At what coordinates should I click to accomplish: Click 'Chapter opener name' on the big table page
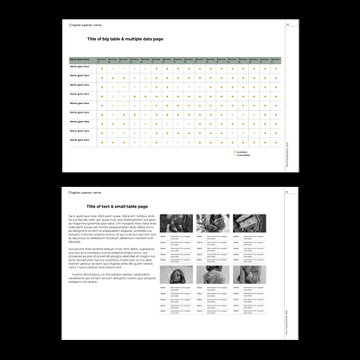coord(85,25)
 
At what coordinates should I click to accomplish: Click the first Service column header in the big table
coord(103,60)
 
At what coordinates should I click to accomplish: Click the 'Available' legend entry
coord(243,151)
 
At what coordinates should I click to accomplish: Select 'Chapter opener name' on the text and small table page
coord(85,193)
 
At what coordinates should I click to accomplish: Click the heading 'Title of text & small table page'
coord(118,207)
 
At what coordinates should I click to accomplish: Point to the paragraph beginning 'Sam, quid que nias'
coord(106,229)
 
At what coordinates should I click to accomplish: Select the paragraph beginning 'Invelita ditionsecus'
coord(106,280)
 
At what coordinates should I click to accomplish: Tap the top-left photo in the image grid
coord(176,222)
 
